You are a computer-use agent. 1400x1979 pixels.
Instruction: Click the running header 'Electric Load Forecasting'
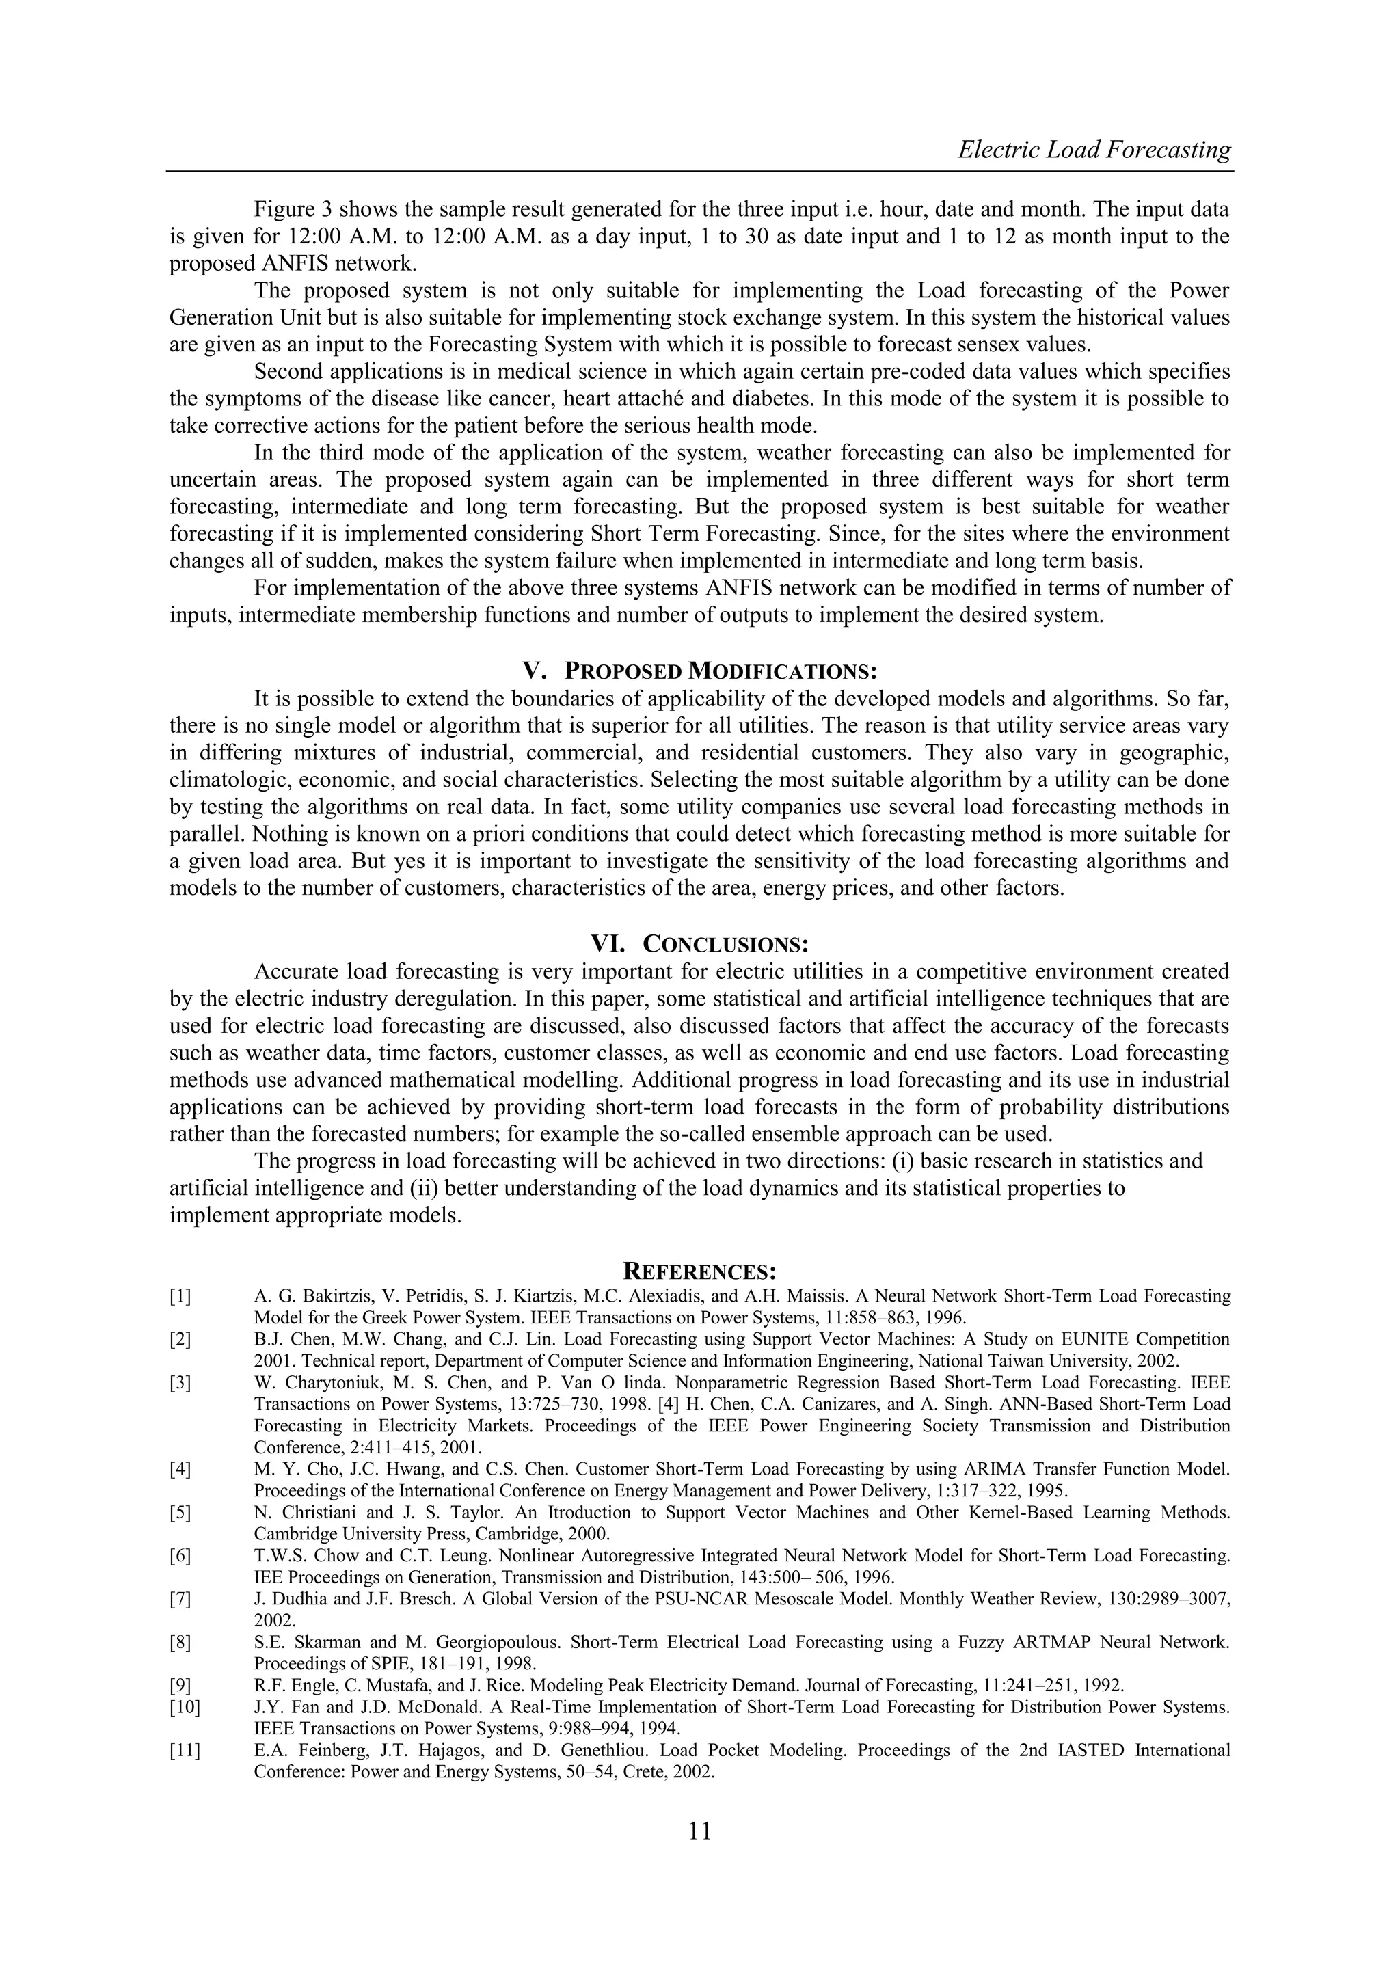(1094, 150)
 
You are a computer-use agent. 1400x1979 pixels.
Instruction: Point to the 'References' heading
(700, 1271)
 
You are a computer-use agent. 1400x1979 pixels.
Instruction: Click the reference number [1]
(180, 1296)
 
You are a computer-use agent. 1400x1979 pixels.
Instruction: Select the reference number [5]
(180, 1513)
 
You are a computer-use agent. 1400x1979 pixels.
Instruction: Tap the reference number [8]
(180, 1642)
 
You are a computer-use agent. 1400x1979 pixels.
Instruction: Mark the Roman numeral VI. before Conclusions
(608, 944)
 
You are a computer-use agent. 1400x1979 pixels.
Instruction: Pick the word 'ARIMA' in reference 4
(973, 1469)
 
